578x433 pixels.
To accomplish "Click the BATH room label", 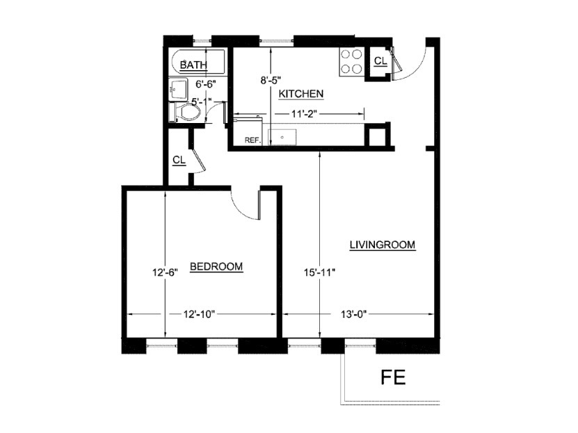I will click(x=193, y=65).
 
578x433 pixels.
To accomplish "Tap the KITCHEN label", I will click(x=300, y=94).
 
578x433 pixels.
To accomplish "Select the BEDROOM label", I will click(x=216, y=266).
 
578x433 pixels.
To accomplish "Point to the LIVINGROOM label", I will click(x=382, y=245).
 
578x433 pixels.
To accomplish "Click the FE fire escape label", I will click(x=394, y=377).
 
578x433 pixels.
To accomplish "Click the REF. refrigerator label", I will click(x=252, y=140).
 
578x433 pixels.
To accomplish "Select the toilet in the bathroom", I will click(x=186, y=112).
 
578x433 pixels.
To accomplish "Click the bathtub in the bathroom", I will click(x=198, y=64).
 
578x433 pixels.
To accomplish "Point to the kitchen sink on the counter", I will click(x=282, y=136).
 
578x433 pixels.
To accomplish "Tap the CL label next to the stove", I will click(x=380, y=61).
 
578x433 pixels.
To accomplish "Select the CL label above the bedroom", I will click(x=179, y=161).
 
